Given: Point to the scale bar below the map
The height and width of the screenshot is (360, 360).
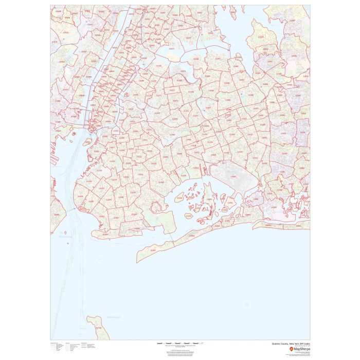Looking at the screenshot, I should click(x=179, y=343).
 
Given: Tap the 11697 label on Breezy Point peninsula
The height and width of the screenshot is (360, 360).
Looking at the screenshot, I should click(x=153, y=250).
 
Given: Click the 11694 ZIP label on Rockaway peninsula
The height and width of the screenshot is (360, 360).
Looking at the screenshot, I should click(x=191, y=236).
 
